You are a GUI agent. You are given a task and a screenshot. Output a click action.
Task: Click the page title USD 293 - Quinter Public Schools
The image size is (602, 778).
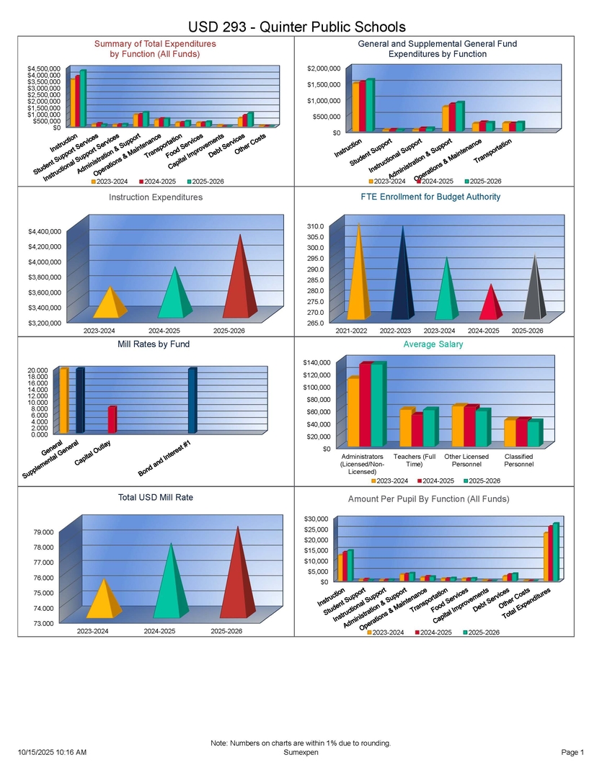click(x=296, y=27)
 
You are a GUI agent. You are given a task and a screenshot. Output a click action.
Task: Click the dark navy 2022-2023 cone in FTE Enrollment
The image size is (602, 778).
click(x=402, y=281)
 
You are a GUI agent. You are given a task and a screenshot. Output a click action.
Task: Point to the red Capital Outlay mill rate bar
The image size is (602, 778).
click(x=112, y=419)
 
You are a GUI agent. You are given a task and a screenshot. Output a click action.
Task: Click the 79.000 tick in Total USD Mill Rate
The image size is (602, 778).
click(x=43, y=532)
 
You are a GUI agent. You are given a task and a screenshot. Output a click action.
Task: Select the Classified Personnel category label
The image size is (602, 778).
click(x=519, y=461)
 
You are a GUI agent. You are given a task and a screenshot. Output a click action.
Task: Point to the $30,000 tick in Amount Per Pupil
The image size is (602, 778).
click(x=318, y=519)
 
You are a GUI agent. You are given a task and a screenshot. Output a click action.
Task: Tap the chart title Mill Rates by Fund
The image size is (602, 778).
click(x=154, y=344)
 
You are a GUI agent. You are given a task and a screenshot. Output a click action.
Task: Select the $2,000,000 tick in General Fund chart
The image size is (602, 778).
click(x=323, y=68)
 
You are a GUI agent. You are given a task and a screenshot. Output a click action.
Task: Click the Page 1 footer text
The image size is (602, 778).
click(x=572, y=753)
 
